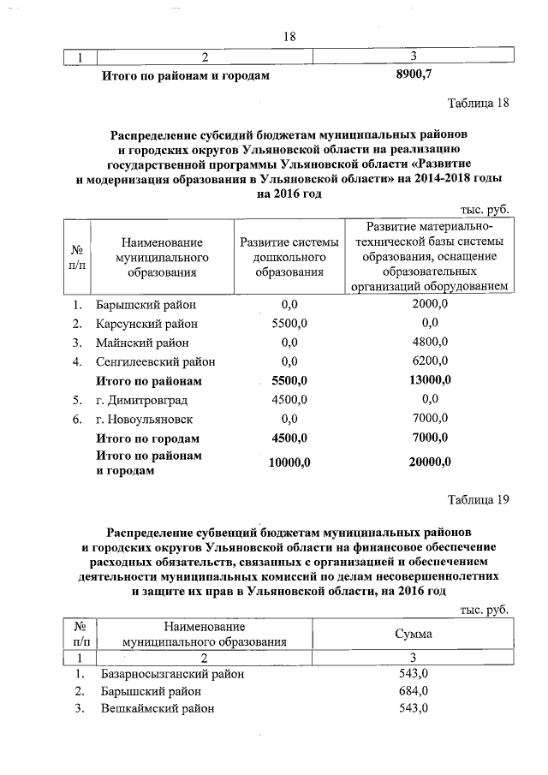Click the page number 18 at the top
pos(289,36)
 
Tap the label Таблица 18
pos(479,104)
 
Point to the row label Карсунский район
pos(146,324)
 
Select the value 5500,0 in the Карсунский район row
pos(289,324)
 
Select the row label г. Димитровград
pos(141,400)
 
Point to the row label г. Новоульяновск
pos(144,420)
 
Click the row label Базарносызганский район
pos(172,674)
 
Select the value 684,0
pos(414,691)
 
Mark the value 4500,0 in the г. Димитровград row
pos(289,400)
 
